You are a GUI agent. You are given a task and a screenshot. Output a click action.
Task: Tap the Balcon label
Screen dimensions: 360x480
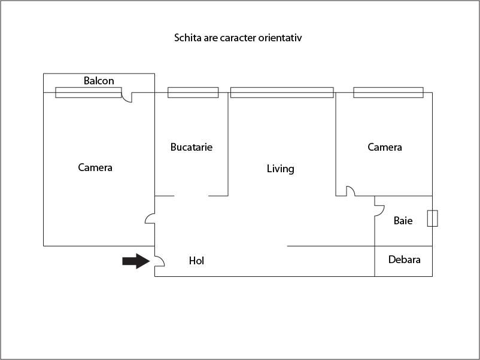pos(99,81)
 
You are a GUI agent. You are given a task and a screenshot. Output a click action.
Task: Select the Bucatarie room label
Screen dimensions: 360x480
pos(191,147)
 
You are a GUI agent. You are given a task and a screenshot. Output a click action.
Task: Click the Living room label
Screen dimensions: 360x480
pos(280,169)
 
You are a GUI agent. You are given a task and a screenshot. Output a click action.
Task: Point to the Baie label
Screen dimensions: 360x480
pos(403,221)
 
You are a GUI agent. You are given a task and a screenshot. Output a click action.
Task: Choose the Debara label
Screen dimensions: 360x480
pos(404,260)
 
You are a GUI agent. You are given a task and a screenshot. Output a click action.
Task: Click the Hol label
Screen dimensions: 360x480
pos(196,261)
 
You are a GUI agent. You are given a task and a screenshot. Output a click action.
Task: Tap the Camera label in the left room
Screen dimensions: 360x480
pos(95,167)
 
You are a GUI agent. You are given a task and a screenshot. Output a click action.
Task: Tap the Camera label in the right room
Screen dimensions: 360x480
pos(384,147)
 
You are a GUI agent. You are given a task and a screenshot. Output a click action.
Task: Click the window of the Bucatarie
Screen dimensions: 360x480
pos(193,93)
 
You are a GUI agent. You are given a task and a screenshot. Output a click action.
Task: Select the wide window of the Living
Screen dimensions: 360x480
pos(281,93)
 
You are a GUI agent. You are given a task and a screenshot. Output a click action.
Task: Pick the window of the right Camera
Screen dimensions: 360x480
pos(388,93)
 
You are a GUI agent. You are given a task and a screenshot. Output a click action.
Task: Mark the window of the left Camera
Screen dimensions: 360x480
pos(89,93)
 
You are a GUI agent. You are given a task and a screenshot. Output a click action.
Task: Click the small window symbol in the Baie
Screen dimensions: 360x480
pos(432,218)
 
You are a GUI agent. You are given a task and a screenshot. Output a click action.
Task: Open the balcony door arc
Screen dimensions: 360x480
pos(127,97)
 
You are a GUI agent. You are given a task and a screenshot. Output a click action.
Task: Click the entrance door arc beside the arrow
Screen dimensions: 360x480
pos(160,261)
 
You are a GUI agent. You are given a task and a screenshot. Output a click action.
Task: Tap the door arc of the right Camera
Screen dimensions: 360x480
pos(350,191)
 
